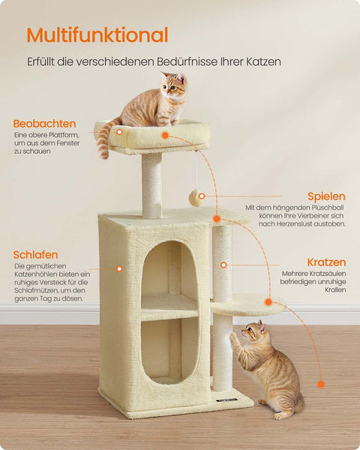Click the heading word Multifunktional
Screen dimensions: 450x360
tap(97, 35)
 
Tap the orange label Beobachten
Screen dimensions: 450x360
tap(44, 124)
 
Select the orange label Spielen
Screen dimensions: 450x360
tap(326, 196)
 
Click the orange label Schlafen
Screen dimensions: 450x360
tap(35, 255)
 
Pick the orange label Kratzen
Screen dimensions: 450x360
tap(326, 262)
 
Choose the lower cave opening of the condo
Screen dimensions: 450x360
tap(169, 349)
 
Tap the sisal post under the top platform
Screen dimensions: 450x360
tap(151, 184)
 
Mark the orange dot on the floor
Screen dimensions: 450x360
tap(320, 384)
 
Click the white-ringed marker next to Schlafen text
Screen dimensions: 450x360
tap(118, 268)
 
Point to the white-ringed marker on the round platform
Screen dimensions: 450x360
tap(268, 301)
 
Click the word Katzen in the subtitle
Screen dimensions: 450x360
tap(265, 61)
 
